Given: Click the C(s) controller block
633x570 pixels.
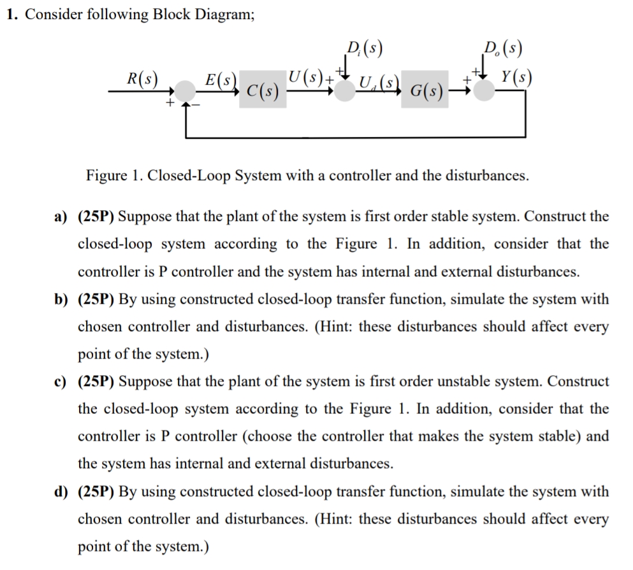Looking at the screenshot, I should point(263,94).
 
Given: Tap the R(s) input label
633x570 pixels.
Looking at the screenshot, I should point(143,79).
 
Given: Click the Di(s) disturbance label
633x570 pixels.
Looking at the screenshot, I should point(361,48).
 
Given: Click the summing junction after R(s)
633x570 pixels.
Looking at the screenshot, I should point(186,91).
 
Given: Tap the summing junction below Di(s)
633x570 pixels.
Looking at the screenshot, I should point(346,90).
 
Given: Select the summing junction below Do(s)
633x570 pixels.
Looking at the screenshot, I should point(486,90).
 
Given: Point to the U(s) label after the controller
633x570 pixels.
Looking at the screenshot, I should point(306,79).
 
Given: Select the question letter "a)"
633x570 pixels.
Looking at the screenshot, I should point(61,216).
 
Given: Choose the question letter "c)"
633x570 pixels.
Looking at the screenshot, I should point(61,381).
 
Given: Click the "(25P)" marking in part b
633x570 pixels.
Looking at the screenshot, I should point(96,299).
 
